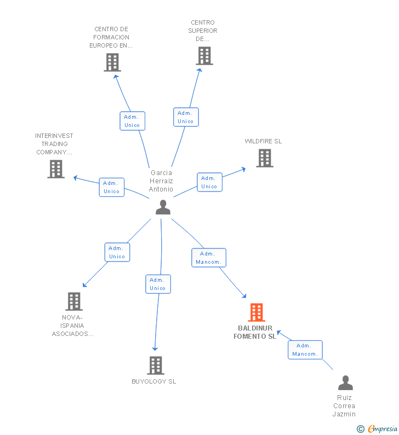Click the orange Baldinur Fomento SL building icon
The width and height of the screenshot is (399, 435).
click(x=256, y=312)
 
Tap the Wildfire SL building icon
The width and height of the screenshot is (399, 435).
click(x=265, y=158)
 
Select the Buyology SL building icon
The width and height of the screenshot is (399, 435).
click(x=156, y=366)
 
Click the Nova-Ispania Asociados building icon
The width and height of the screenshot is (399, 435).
click(x=74, y=301)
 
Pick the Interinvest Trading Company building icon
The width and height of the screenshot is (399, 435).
click(x=56, y=169)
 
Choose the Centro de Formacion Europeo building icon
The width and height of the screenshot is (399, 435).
click(x=112, y=62)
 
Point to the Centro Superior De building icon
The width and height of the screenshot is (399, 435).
click(x=204, y=56)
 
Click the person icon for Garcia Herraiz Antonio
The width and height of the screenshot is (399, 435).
click(x=163, y=207)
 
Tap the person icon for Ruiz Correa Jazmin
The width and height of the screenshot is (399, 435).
click(x=345, y=383)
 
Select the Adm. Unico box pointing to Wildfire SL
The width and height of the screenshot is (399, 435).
click(x=209, y=182)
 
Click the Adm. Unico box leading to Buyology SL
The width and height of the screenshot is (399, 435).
click(x=158, y=284)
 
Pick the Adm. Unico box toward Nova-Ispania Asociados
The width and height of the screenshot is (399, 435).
click(x=117, y=252)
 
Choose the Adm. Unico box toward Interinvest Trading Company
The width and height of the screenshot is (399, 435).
click(x=112, y=187)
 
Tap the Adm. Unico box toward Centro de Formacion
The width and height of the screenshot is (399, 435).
click(x=132, y=121)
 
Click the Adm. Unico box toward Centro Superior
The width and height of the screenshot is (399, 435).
click(x=186, y=117)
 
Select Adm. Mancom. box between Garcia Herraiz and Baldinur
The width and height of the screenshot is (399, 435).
click(x=208, y=258)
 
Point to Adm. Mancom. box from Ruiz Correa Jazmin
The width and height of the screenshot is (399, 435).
click(x=305, y=350)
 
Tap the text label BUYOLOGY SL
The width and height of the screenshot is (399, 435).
click(x=154, y=381)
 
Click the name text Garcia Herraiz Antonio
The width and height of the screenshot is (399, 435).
click(x=161, y=181)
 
